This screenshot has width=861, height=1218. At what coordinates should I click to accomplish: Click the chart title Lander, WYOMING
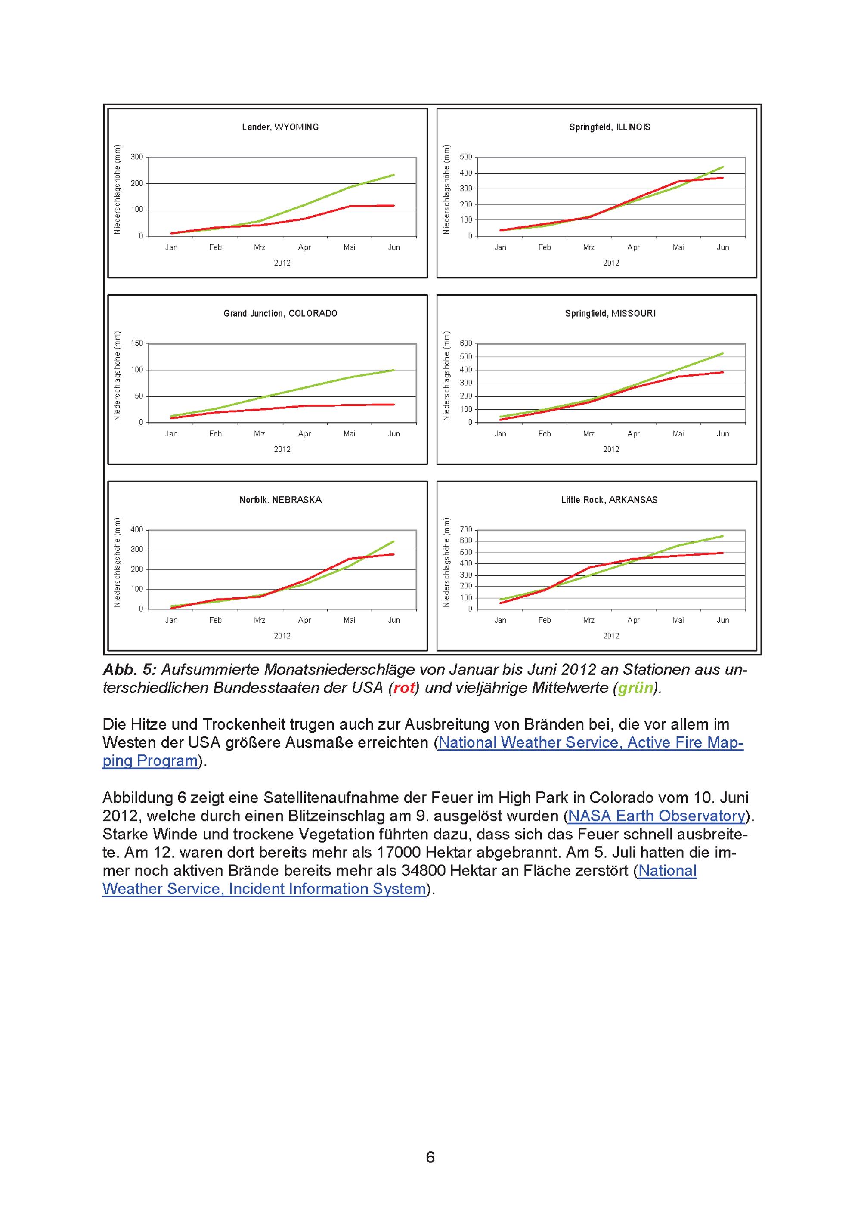[x=280, y=127]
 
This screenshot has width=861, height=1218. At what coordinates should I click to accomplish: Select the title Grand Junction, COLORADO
[x=280, y=313]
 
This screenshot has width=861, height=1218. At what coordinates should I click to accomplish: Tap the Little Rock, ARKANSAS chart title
[x=609, y=500]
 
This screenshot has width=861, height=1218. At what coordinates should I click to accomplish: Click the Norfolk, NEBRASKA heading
[x=280, y=500]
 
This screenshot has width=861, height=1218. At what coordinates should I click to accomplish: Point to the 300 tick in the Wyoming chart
[x=137, y=157]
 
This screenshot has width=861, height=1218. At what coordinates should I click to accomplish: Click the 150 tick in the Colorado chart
[x=137, y=343]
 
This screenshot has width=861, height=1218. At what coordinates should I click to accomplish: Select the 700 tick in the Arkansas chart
[x=466, y=530]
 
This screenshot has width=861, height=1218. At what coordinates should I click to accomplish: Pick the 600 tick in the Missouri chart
[x=466, y=343]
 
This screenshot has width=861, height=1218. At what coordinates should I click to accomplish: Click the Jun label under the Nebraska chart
[x=393, y=620]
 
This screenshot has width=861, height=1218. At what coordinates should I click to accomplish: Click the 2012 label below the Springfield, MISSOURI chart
[x=610, y=449]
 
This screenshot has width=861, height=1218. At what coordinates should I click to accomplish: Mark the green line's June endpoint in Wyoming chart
[x=393, y=175]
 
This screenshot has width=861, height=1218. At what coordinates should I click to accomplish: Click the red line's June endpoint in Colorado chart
[x=393, y=405]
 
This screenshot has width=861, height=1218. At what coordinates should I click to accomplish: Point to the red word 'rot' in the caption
[x=404, y=688]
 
